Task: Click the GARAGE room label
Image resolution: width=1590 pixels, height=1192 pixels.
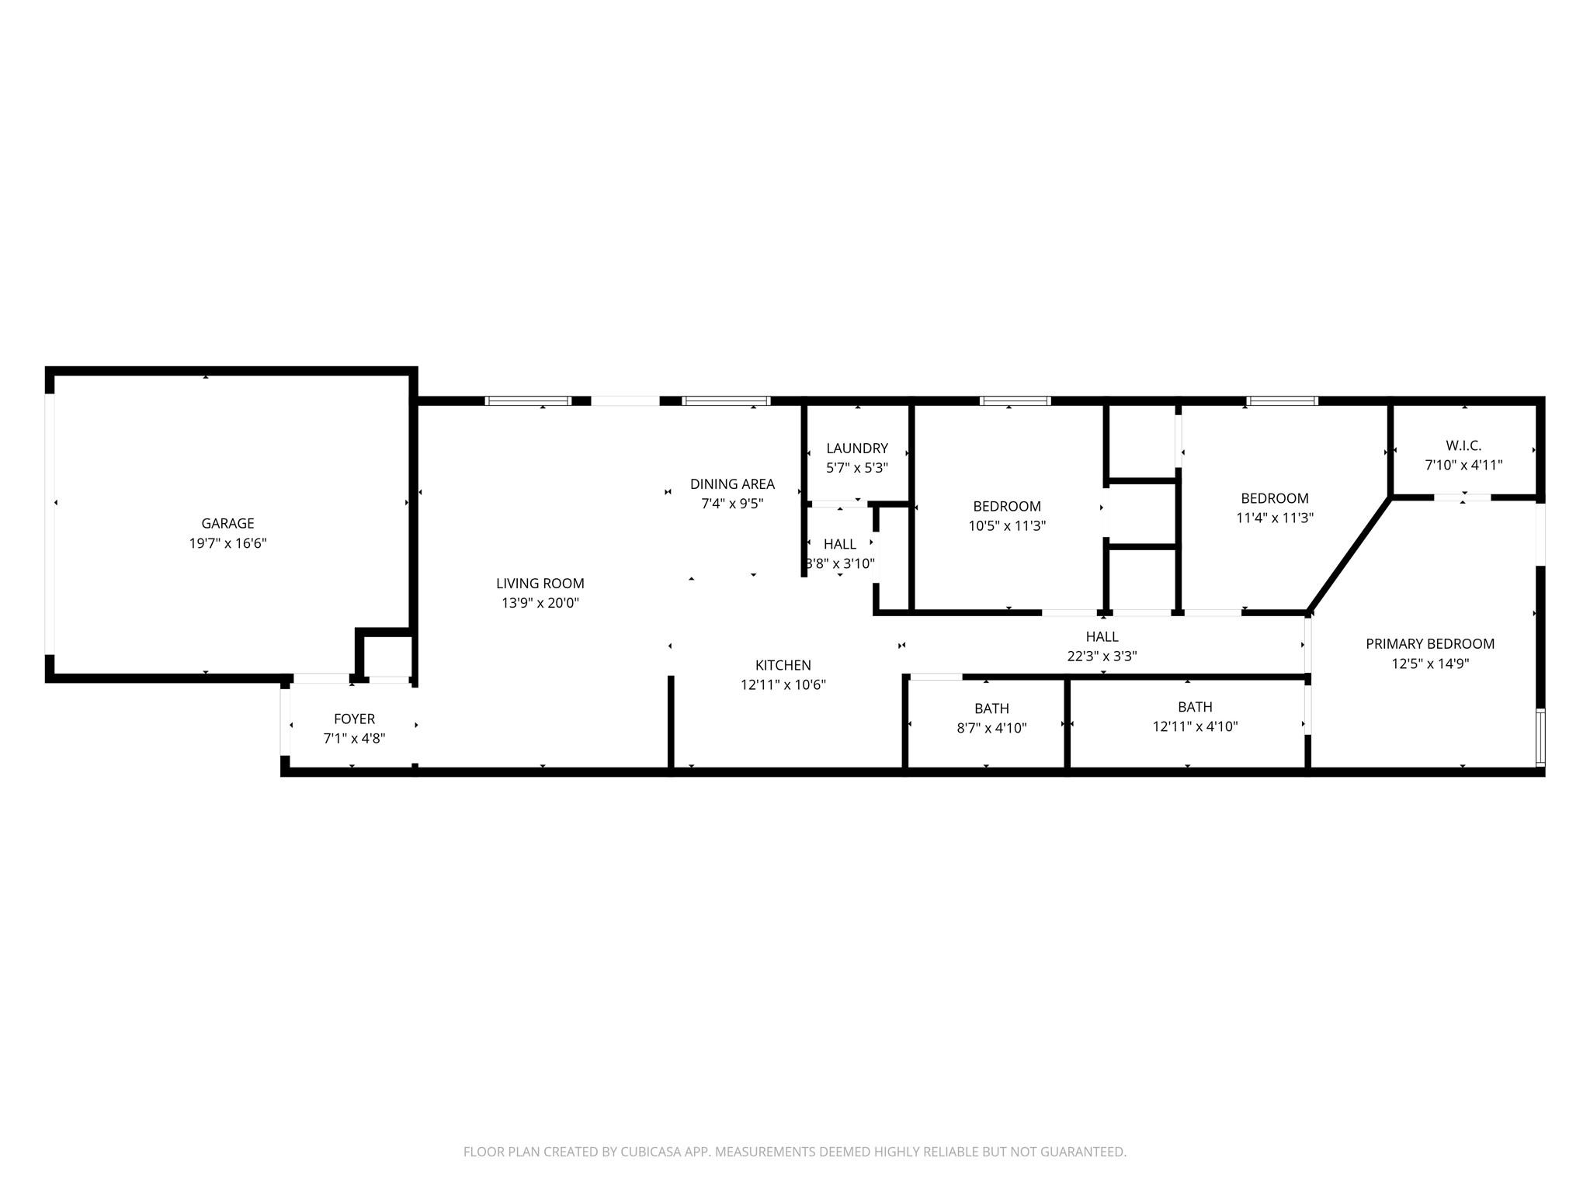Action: click(x=227, y=524)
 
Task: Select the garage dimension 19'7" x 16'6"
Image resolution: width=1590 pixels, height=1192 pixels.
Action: click(x=227, y=543)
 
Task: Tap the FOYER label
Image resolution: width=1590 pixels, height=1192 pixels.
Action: click(x=354, y=719)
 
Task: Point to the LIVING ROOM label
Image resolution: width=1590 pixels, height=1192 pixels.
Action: click(x=540, y=584)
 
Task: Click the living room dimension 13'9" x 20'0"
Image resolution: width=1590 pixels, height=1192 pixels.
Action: click(x=540, y=603)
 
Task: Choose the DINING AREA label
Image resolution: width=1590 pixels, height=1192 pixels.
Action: click(x=732, y=484)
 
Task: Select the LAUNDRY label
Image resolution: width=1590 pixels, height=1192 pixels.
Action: click(x=856, y=449)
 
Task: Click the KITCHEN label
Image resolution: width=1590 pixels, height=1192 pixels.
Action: click(x=783, y=665)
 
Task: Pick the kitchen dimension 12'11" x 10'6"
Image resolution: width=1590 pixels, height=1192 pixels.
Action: click(x=783, y=685)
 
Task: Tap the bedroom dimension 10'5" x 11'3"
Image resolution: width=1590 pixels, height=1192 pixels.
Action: click(x=1006, y=526)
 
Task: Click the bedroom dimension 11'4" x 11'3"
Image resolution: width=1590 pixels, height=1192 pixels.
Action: click(x=1274, y=518)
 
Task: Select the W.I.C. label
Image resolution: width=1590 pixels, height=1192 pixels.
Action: click(x=1463, y=446)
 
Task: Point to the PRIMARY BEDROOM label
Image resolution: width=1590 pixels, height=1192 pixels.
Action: click(x=1429, y=644)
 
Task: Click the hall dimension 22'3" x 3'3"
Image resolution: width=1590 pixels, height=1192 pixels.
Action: click(x=1102, y=657)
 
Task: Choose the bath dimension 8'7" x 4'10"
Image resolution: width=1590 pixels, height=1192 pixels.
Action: click(x=991, y=729)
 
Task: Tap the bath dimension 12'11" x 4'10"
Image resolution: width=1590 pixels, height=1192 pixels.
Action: click(x=1195, y=727)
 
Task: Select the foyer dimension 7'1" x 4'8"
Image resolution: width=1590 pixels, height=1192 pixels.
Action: click(x=354, y=739)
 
